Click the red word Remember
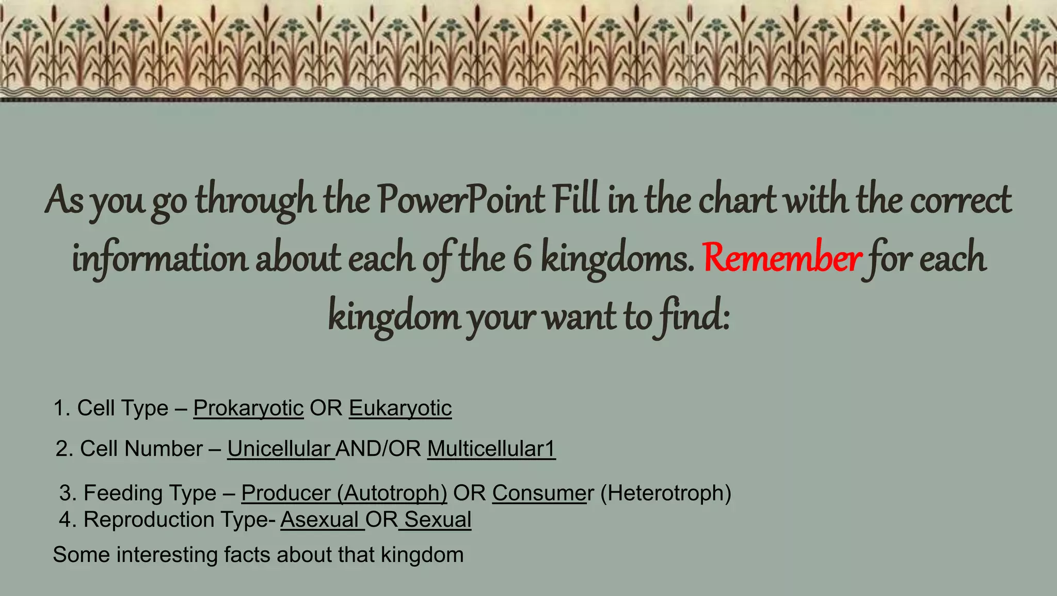tap(781, 258)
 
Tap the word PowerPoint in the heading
tap(460, 200)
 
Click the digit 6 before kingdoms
tap(522, 259)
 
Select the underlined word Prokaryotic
tap(248, 409)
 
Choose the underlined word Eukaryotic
tap(400, 409)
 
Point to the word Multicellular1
tap(491, 449)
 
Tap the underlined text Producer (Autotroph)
tap(344, 493)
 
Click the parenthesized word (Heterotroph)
tap(666, 493)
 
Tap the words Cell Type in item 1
tap(123, 409)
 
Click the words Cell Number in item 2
tap(141, 449)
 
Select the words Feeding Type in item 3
tap(150, 493)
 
